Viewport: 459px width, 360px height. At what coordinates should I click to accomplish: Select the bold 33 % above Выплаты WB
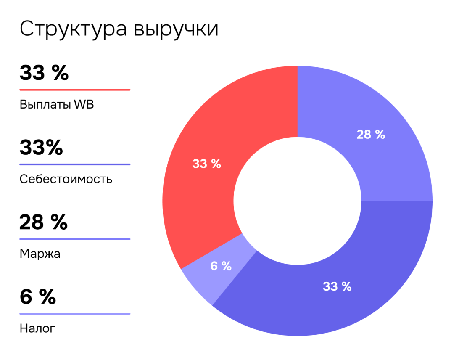click(44, 73)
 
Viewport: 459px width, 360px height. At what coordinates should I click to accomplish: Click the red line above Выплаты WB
click(75, 90)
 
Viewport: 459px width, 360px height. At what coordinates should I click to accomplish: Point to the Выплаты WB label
click(57, 105)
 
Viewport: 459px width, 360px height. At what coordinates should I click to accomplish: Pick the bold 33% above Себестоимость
click(41, 148)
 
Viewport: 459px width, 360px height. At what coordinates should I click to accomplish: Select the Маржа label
click(40, 254)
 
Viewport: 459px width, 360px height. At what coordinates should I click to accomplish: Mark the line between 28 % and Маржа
click(75, 239)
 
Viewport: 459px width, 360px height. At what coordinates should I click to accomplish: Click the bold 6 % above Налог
click(37, 296)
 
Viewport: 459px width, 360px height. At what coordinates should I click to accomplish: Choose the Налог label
click(37, 328)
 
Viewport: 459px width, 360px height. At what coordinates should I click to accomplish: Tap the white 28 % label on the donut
click(371, 135)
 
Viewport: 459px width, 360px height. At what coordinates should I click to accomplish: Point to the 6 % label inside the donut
click(221, 266)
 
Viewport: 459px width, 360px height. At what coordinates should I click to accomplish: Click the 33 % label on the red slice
click(206, 164)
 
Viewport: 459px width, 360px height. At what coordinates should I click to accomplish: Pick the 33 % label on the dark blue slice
click(337, 286)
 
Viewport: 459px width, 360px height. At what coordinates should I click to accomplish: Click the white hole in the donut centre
click(297, 201)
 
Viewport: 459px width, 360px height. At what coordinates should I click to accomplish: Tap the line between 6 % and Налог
click(75, 314)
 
